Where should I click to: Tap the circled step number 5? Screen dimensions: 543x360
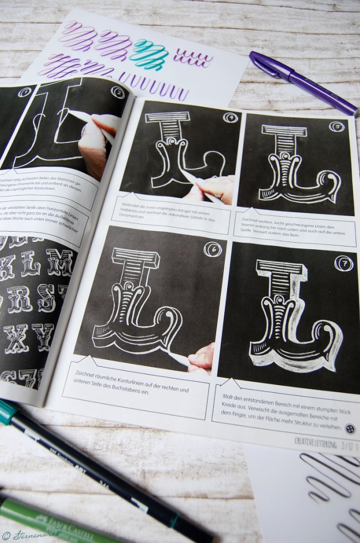pos(336,127)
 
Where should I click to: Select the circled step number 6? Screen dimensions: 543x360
pos(212,250)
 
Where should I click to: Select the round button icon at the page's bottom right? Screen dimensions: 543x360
pos(349,428)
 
